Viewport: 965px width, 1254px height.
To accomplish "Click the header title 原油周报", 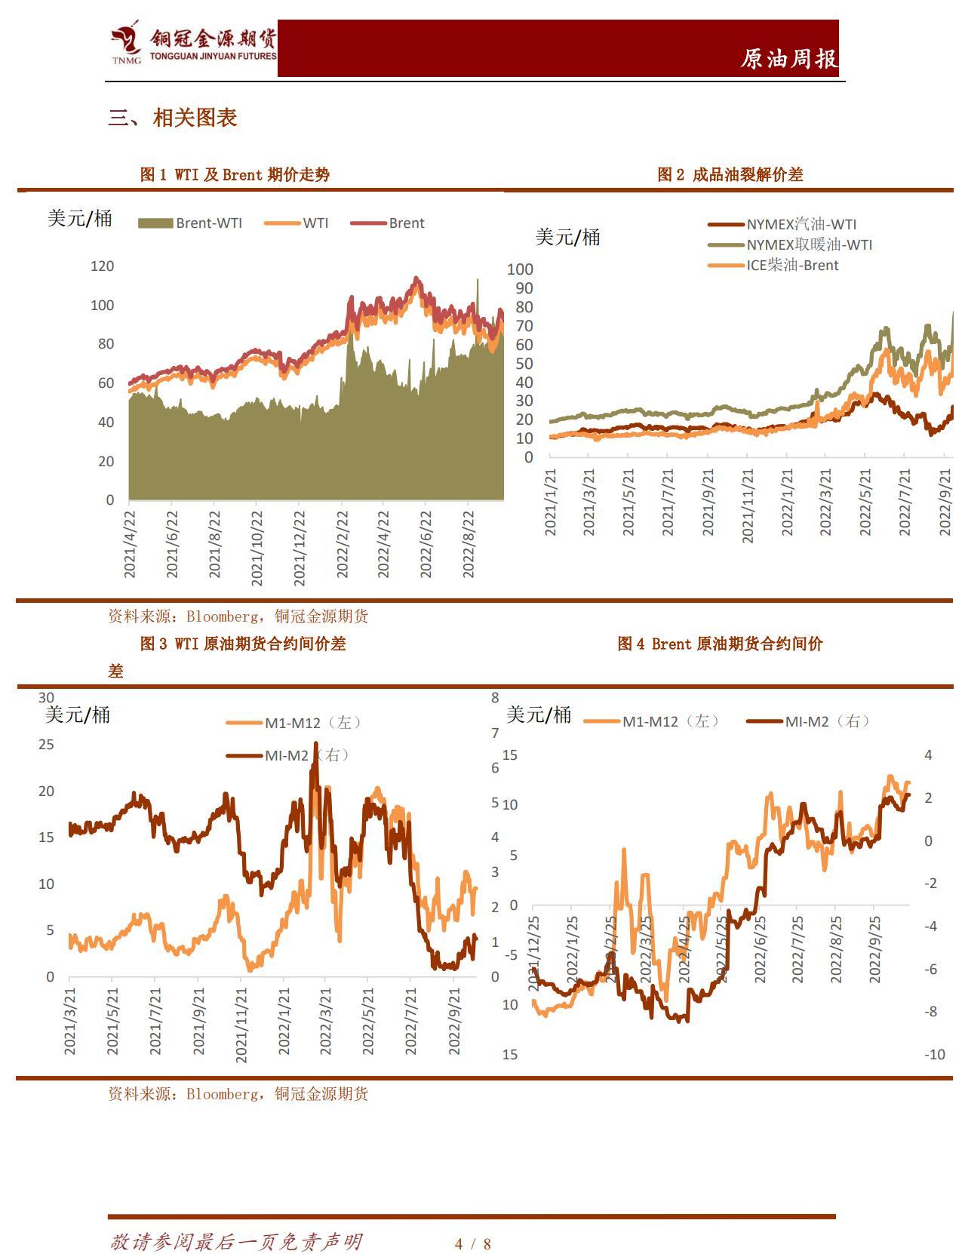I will (788, 59).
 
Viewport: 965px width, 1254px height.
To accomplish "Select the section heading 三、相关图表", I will (173, 118).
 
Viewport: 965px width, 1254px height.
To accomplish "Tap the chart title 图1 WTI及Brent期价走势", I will (235, 175).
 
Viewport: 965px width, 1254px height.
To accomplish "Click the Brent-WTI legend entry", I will (191, 223).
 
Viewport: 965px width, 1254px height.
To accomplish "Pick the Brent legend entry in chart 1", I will (389, 223).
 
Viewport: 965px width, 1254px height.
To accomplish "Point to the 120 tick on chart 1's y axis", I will (102, 266).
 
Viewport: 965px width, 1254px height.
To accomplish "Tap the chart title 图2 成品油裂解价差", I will (730, 175).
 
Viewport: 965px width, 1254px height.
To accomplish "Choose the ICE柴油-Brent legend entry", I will (774, 266).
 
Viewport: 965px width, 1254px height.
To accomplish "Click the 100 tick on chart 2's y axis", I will (520, 269).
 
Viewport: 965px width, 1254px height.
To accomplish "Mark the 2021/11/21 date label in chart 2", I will (747, 505).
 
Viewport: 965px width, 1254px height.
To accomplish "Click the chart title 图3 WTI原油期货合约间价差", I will (242, 644).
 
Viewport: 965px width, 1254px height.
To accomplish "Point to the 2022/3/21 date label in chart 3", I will (326, 1021).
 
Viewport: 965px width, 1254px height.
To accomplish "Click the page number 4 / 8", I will (473, 1244).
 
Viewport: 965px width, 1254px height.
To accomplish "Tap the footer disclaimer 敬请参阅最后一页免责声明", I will (236, 1242).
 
